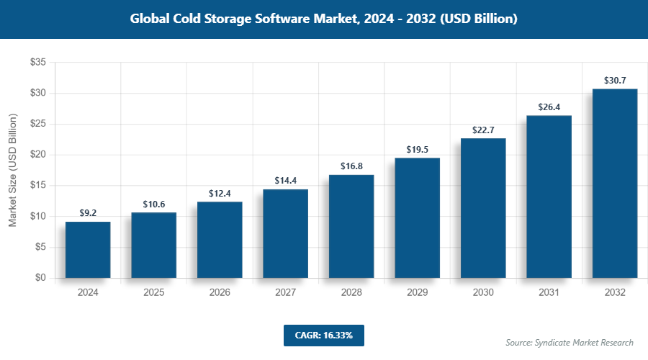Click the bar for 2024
tap(88, 250)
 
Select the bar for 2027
tap(285, 234)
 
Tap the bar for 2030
tap(483, 208)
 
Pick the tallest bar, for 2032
tap(615, 184)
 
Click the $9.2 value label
tap(88, 213)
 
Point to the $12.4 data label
tap(220, 194)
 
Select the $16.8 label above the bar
tap(351, 166)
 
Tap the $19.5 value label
tap(417, 150)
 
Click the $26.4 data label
tap(549, 107)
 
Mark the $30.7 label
tap(615, 81)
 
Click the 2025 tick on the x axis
tap(153, 293)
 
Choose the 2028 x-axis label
tap(351, 293)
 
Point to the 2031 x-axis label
tap(549, 293)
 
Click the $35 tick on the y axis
tap(37, 63)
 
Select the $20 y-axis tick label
tap(37, 155)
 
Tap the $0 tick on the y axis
tap(40, 278)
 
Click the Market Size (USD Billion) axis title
tap(12, 170)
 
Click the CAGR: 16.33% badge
tap(323, 336)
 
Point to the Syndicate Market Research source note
tap(570, 343)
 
